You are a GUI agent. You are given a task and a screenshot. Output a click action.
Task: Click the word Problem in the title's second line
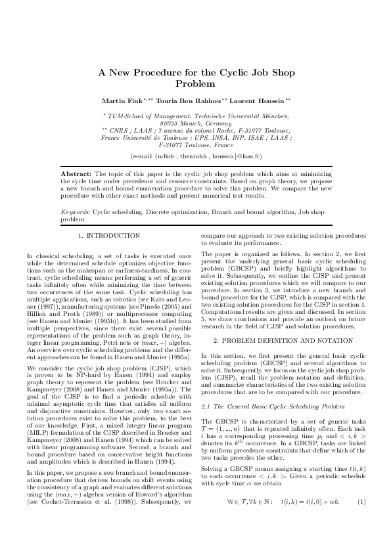196,83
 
